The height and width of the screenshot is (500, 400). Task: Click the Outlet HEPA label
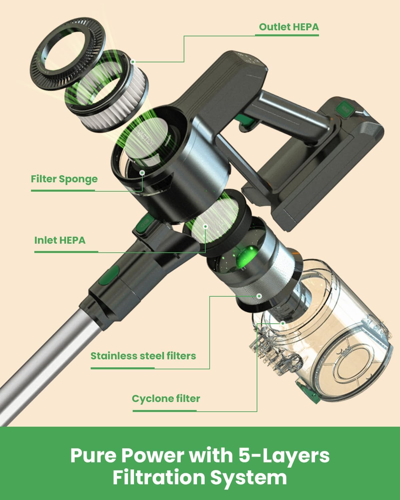point(289,27)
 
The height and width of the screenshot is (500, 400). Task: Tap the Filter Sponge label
point(64,179)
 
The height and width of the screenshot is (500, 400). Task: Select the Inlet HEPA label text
point(60,240)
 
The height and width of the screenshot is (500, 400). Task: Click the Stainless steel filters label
point(143,356)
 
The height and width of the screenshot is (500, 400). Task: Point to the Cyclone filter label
point(166,398)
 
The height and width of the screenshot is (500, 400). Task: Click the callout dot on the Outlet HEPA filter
point(133,62)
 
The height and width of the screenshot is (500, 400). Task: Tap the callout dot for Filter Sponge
point(142,173)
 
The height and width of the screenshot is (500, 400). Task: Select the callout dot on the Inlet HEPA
point(206,226)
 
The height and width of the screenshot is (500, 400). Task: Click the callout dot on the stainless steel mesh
point(259,296)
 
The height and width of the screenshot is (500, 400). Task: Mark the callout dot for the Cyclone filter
point(283,323)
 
